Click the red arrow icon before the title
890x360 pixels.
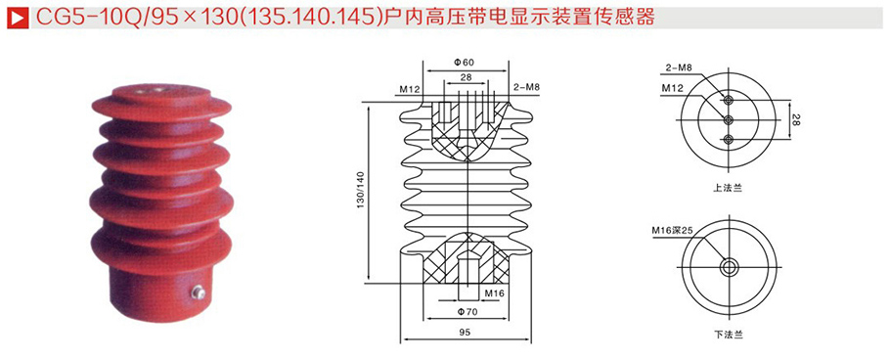(x=14, y=17)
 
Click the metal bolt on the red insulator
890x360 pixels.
(x=199, y=291)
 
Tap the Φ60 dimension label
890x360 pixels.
(x=466, y=62)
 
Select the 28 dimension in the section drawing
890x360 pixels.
(x=466, y=77)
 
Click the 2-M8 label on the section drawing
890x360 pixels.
(x=526, y=88)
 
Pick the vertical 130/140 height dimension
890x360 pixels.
(x=361, y=191)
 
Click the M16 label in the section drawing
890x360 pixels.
(x=493, y=292)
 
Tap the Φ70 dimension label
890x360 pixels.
(x=467, y=313)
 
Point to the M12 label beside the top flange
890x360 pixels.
(x=672, y=87)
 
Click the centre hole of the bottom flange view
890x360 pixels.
(x=728, y=266)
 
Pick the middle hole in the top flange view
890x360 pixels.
(x=728, y=119)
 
